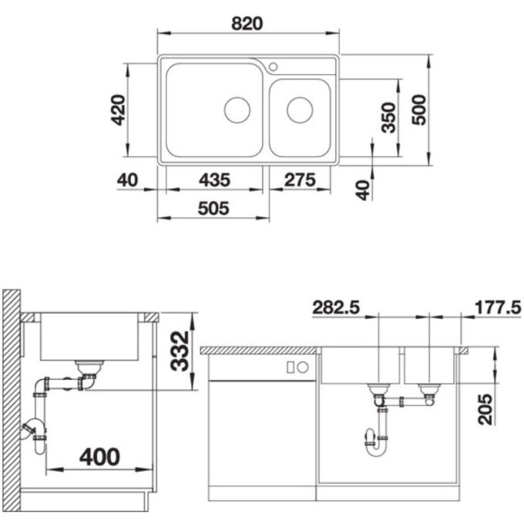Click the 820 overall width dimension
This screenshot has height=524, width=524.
[249, 22]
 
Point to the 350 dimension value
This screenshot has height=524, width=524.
[388, 117]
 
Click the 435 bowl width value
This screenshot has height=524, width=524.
[214, 180]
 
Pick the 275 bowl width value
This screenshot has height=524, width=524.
[300, 180]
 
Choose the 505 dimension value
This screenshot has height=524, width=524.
[214, 207]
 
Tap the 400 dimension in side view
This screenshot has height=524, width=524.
[99, 456]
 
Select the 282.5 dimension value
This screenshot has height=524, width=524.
[337, 308]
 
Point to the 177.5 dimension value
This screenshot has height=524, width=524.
[493, 308]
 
